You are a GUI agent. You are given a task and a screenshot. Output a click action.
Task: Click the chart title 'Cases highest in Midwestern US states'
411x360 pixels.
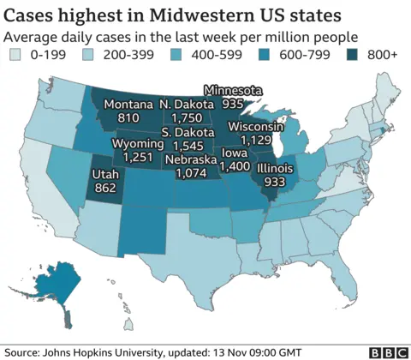click(x=171, y=15)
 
